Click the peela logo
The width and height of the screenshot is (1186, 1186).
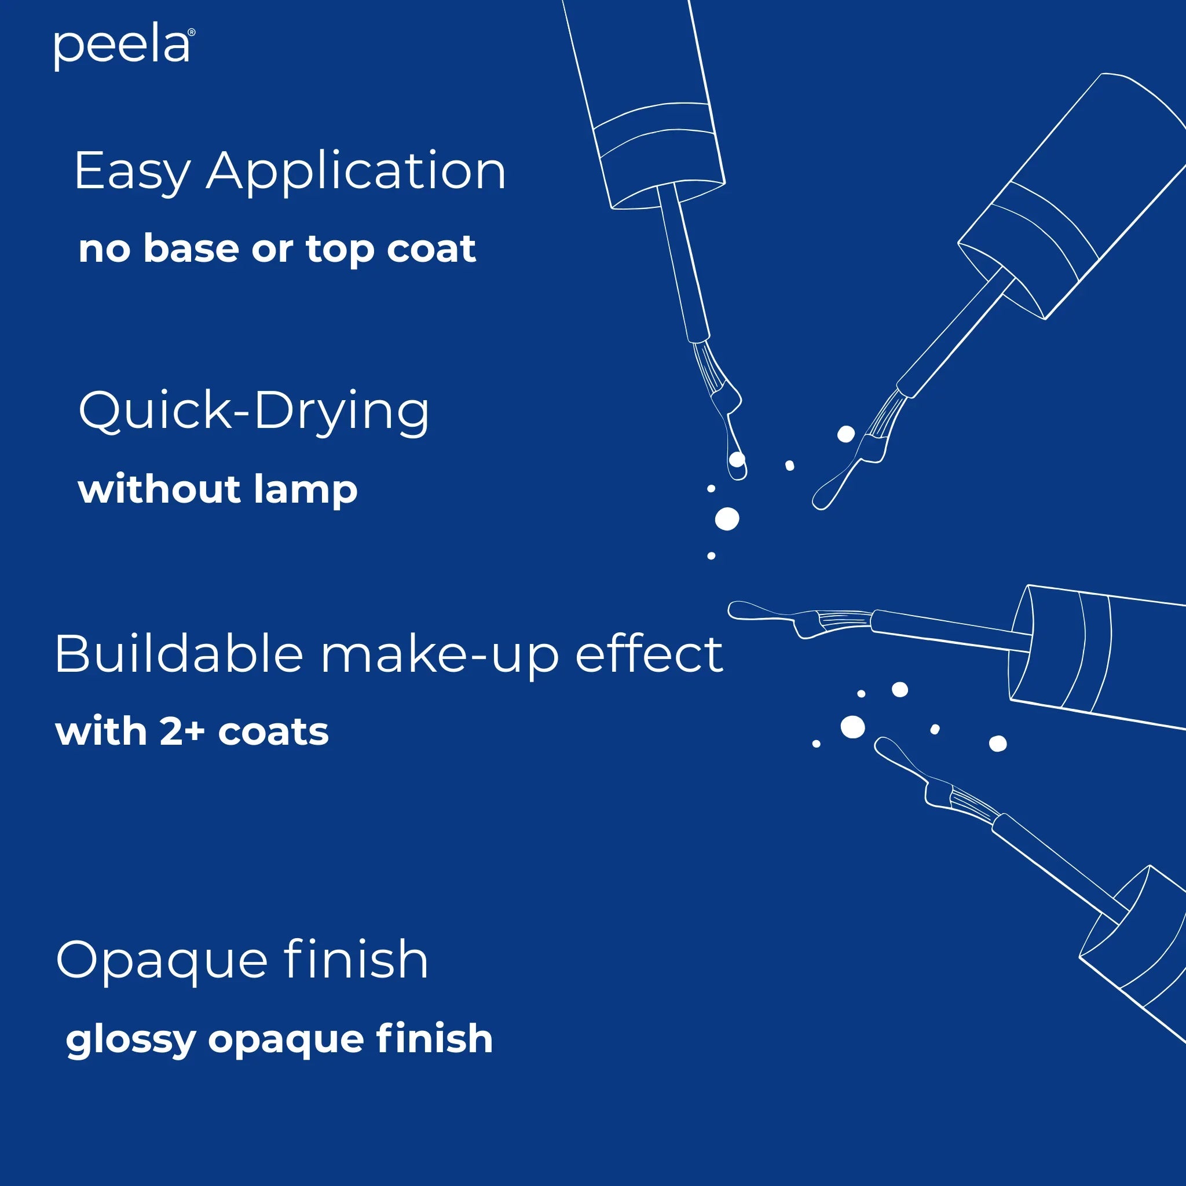(123, 47)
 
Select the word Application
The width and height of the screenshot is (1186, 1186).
(356, 171)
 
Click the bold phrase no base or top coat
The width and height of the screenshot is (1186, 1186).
(277, 248)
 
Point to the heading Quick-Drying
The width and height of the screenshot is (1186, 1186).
(254, 411)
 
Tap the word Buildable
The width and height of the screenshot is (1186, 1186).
(178, 654)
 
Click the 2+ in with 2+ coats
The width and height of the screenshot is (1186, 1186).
(182, 732)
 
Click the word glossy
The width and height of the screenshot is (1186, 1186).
(130, 1039)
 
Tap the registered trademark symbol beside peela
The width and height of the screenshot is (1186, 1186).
(192, 32)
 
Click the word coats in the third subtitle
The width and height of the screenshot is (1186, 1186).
(273, 732)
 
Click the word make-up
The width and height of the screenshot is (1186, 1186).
(440, 654)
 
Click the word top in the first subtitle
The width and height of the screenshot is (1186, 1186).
(340, 250)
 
